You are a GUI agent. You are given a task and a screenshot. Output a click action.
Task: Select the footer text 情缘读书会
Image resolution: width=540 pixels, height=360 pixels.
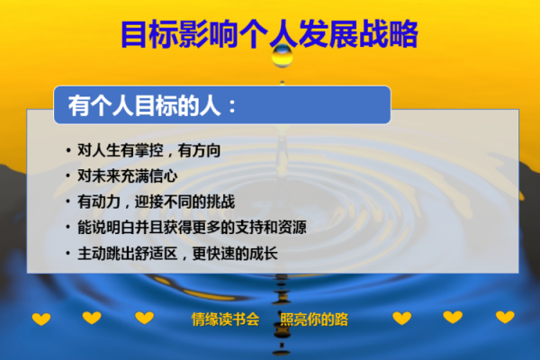(225, 319)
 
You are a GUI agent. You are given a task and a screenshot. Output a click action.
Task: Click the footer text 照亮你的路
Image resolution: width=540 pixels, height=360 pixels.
(314, 319)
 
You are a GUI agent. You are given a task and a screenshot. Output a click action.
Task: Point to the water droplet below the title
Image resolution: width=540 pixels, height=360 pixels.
(282, 57)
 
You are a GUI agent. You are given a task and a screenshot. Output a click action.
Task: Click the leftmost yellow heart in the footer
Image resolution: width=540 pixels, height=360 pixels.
(41, 319)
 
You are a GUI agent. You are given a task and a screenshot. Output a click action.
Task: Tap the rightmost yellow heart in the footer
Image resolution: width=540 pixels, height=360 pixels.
(505, 318)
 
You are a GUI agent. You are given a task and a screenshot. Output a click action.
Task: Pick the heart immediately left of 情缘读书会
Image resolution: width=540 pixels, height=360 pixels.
(144, 318)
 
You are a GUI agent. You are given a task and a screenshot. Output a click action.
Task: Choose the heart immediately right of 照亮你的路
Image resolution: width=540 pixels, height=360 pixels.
(401, 318)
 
